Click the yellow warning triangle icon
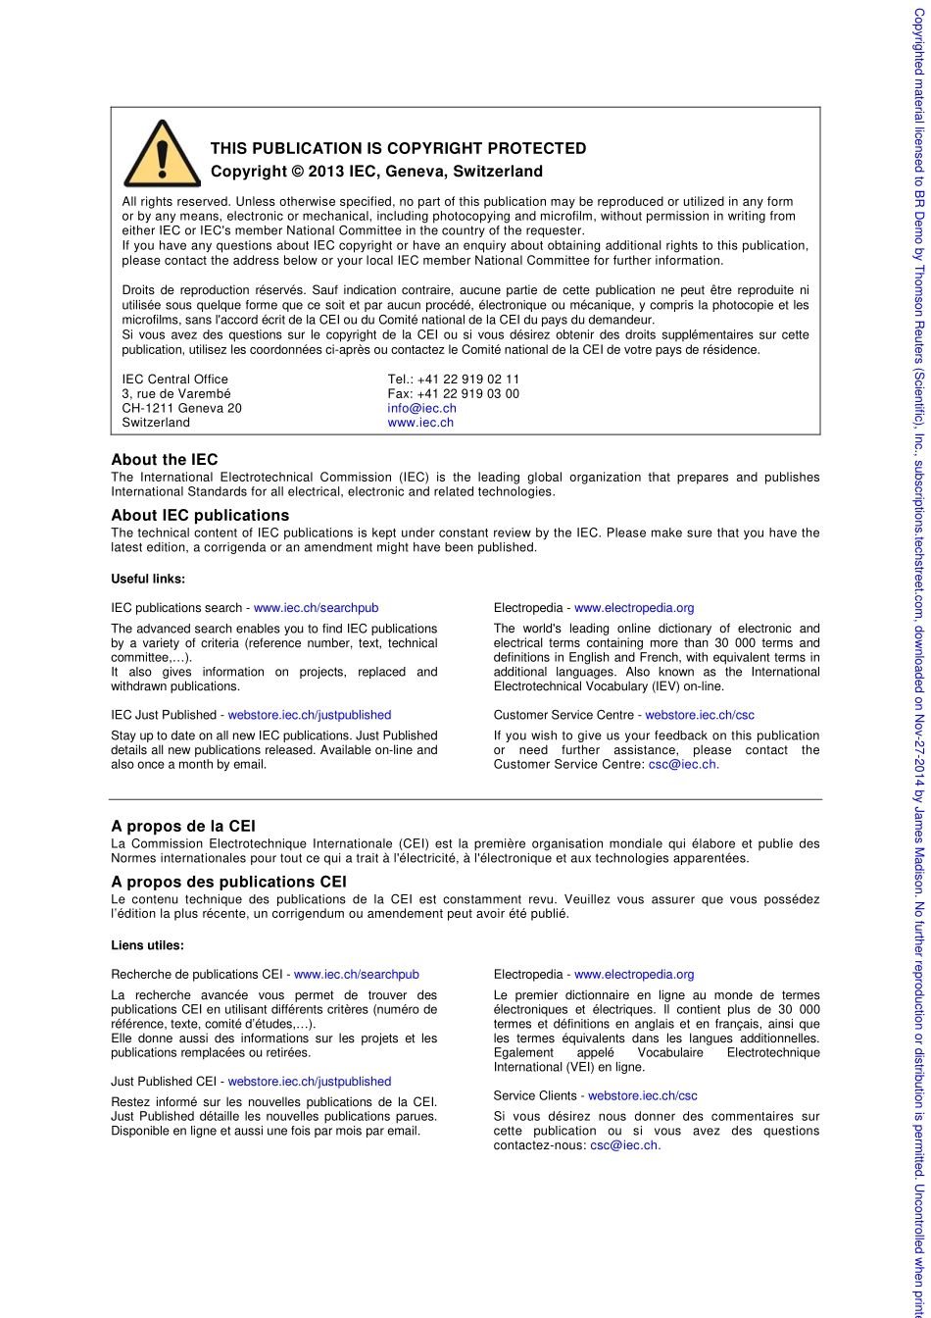[162, 155]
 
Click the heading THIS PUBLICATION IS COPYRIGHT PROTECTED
[398, 149]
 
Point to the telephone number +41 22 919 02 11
[468, 379]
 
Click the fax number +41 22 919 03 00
[467, 393]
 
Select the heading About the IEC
[165, 460]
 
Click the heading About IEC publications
[200, 515]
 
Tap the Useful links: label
[148, 579]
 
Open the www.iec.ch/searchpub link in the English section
[316, 608]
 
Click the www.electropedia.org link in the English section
[634, 608]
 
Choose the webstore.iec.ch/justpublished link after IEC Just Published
[310, 715]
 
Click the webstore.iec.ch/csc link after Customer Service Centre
[700, 715]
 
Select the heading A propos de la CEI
[183, 827]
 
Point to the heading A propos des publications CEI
[228, 882]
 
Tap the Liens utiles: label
[147, 945]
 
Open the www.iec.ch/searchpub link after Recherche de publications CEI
[357, 975]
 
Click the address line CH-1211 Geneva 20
[181, 408]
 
